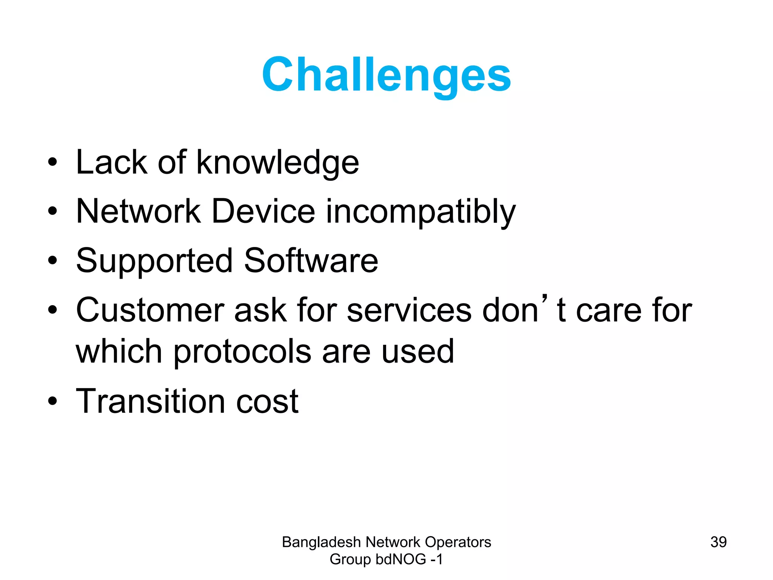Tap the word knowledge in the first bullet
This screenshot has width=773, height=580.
tap(277, 163)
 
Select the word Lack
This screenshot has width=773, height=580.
tap(112, 163)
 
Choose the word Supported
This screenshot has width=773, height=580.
tap(154, 261)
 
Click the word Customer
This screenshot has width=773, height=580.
tap(150, 310)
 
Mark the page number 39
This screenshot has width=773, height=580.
tap(718, 542)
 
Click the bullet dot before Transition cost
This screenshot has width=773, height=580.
tap(52, 401)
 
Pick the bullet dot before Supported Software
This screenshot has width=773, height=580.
tap(52, 261)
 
